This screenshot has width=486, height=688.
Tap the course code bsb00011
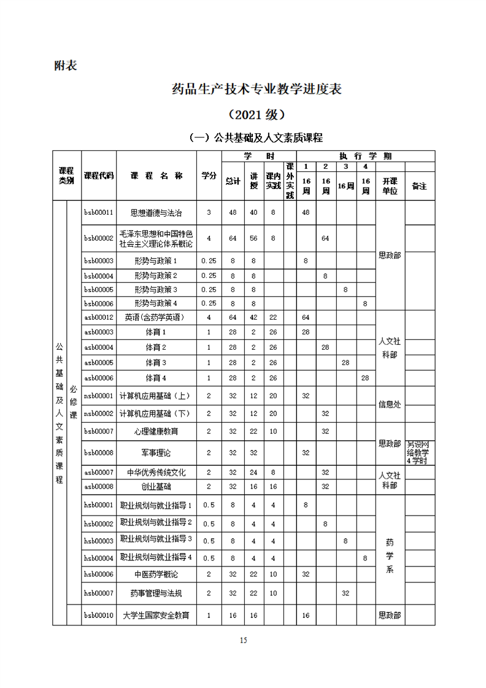coord(99,212)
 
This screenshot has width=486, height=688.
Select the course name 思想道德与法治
coord(156,212)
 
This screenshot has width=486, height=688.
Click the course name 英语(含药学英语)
coord(156,317)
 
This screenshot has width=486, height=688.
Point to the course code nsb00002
coord(99,413)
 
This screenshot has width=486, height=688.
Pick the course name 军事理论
coord(156,452)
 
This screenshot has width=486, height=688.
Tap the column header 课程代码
coord(99,176)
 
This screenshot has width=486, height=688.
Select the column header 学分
coord(209,176)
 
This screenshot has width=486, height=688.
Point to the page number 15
coord(243,641)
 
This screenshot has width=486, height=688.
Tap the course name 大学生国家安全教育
coord(156,615)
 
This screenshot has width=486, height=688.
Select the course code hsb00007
coord(99,593)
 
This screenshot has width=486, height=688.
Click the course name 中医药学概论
coord(156,574)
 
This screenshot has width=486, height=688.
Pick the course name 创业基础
coord(156,486)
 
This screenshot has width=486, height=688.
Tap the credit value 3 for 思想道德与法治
coord(209,212)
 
